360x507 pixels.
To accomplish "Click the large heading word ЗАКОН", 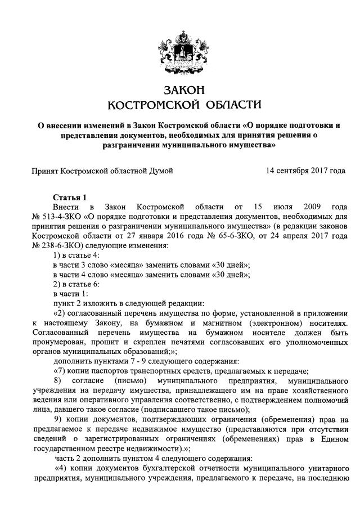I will pos(179,91).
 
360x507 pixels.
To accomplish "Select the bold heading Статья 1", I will pos(70,198).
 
